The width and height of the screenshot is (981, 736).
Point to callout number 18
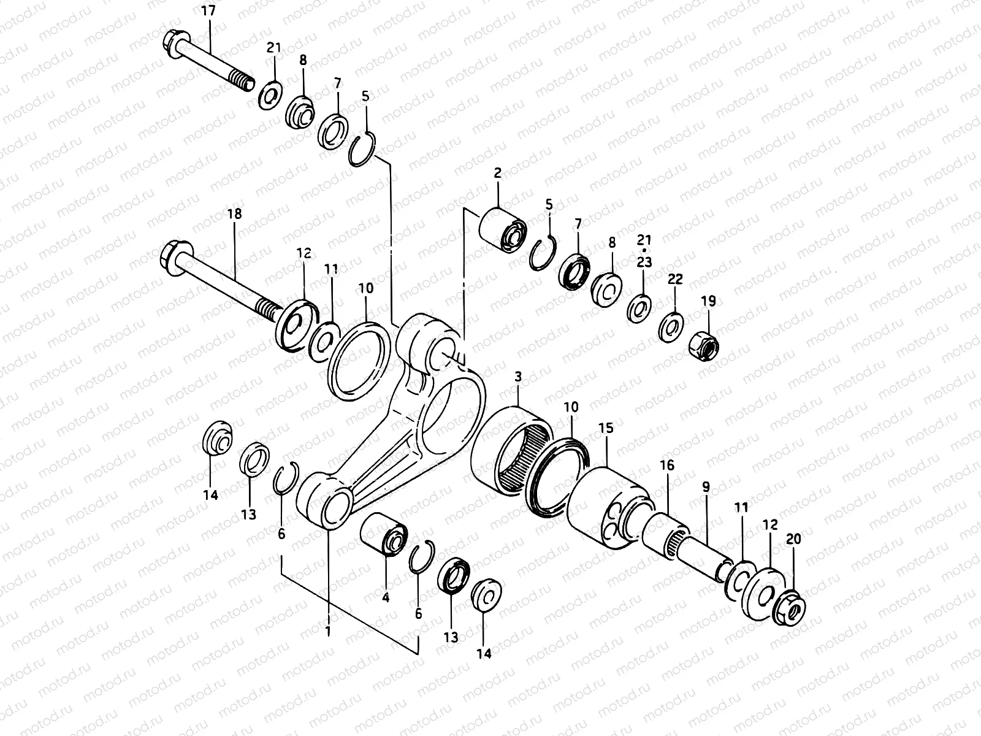coord(234,214)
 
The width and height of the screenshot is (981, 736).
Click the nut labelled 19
coord(706,345)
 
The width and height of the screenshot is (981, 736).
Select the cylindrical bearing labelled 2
coord(502,230)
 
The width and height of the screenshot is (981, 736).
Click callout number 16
coord(667,466)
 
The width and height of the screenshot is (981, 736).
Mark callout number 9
coord(706,488)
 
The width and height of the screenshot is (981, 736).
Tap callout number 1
coord(328,631)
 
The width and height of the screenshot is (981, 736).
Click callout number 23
coord(644,263)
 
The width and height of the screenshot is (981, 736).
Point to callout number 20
coord(793,539)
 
